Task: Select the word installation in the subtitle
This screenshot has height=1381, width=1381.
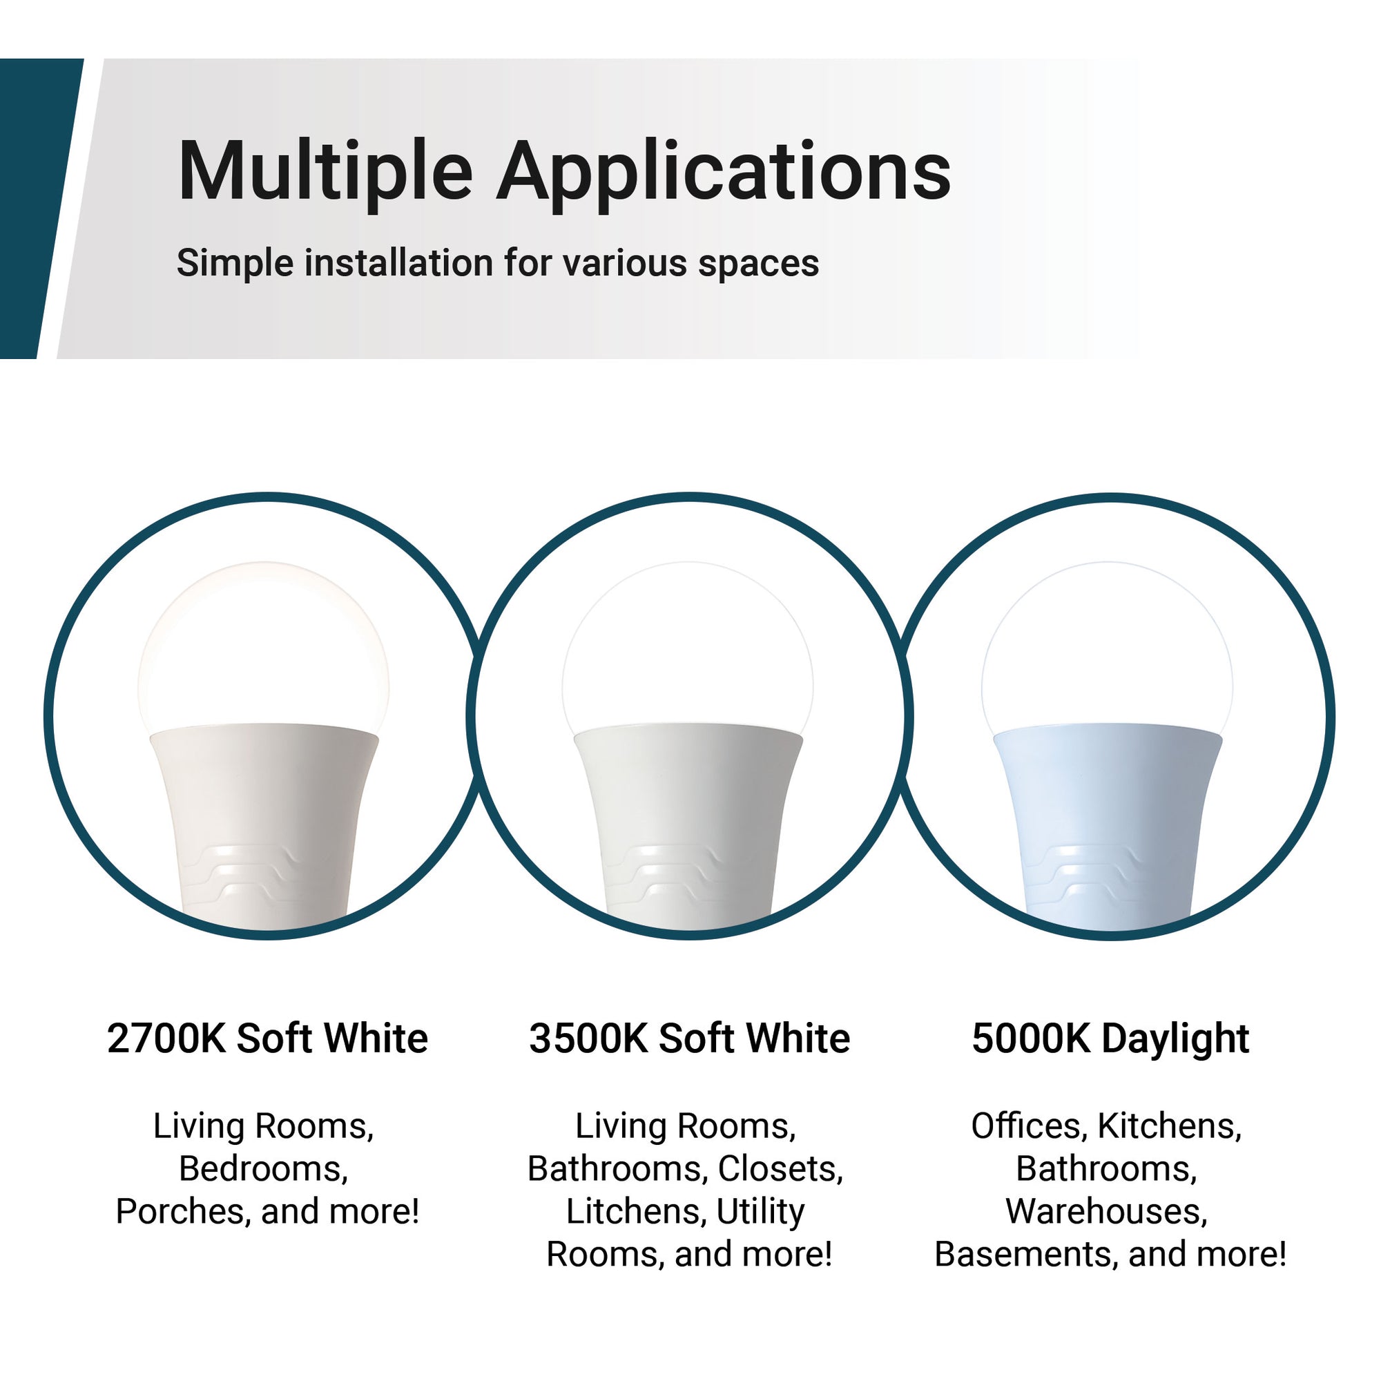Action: (x=398, y=262)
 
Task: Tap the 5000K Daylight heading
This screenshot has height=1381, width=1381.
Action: (x=1111, y=1039)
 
